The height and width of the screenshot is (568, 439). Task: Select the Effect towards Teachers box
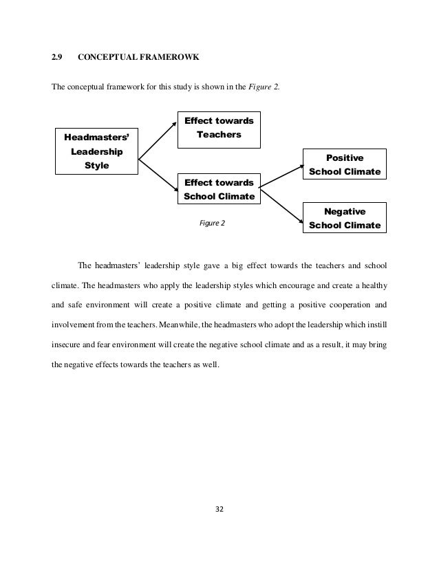219,128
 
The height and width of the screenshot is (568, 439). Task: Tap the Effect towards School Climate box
219,190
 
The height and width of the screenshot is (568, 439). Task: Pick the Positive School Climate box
345,164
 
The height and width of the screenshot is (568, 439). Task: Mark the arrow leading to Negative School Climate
282,204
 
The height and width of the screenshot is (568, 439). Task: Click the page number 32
219,510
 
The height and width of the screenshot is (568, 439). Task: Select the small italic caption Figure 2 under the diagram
212,223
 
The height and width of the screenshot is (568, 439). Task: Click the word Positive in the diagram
345,157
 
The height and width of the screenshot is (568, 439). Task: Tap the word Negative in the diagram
345,212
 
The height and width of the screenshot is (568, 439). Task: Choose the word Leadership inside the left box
97,151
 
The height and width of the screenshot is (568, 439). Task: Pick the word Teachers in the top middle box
219,135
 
